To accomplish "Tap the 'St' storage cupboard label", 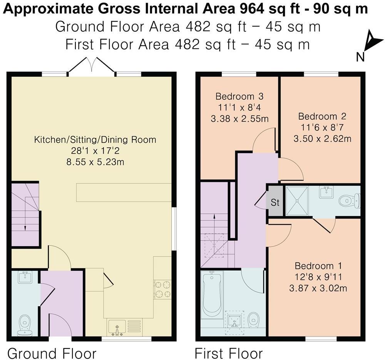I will tap(275, 202).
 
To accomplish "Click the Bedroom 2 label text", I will tap(322, 116).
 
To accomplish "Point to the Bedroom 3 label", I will tap(239, 96).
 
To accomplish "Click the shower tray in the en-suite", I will tap(296, 201).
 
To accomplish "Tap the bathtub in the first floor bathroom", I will tap(211, 294).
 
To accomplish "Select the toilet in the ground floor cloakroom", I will tap(25, 324).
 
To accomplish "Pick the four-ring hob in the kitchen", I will tap(162, 289).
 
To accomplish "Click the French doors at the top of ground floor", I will tap(91, 65).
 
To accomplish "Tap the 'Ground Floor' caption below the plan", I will tap(52, 353).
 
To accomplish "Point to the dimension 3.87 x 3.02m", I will tap(318, 287).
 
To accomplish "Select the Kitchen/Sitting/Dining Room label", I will tap(95, 139).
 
